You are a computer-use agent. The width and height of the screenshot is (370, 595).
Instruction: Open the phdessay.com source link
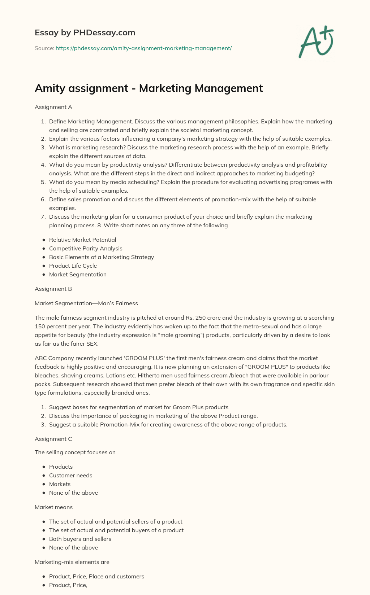tap(143, 48)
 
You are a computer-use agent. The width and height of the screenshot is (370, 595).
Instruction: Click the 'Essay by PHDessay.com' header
tap(85, 32)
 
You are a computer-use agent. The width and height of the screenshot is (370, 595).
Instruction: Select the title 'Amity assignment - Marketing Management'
tap(149, 88)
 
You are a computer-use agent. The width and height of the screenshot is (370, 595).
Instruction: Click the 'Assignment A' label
tap(53, 107)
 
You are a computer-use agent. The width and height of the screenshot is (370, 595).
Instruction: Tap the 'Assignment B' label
tap(53, 289)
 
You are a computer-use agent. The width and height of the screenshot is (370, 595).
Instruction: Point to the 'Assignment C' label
tap(53, 439)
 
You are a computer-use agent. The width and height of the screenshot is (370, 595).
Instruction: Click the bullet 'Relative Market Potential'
tap(82, 240)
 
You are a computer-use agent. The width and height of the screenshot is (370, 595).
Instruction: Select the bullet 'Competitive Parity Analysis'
tap(86, 248)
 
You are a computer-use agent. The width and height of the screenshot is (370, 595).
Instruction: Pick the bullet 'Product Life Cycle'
tap(73, 266)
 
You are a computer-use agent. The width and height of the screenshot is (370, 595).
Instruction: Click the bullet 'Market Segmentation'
tap(78, 274)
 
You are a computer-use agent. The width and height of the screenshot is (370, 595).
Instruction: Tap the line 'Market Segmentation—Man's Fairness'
tap(86, 303)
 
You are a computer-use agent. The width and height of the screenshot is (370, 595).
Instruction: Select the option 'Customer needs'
tap(70, 475)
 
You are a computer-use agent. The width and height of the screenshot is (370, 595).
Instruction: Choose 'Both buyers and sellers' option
tap(80, 539)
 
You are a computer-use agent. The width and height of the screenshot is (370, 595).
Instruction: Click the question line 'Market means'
tap(53, 507)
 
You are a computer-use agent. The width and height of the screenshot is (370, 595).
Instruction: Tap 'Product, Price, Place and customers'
tap(96, 576)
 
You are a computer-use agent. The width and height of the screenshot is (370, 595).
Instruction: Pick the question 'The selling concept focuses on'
tap(75, 452)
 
